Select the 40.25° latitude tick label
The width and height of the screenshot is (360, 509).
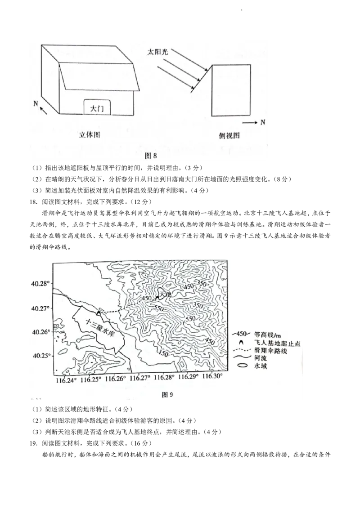[x=40, y=355]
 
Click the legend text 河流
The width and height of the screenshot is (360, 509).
[x=261, y=358]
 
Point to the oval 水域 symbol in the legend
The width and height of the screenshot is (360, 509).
[x=243, y=366]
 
